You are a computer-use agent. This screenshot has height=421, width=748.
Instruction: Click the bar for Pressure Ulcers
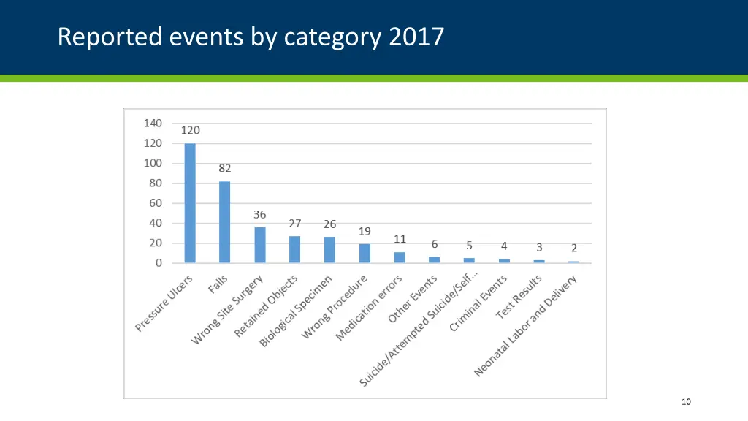(x=190, y=203)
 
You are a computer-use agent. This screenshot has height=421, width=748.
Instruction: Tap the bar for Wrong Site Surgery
(x=260, y=245)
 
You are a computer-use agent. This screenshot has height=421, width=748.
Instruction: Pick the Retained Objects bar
(x=294, y=249)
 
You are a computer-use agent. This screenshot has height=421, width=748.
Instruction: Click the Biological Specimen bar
(x=329, y=250)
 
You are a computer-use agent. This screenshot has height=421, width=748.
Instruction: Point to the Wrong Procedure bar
(x=365, y=253)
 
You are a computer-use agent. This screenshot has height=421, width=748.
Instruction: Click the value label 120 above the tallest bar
(x=191, y=130)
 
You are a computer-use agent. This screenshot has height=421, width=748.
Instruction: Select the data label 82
(x=225, y=168)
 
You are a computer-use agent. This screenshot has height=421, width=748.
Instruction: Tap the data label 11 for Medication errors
(x=400, y=239)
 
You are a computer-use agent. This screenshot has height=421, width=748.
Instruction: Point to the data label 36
(x=260, y=214)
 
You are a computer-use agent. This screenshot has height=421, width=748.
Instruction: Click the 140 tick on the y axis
(x=153, y=124)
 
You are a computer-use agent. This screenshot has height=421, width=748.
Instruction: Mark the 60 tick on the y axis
(x=156, y=203)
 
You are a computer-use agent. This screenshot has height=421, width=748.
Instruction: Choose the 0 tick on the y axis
(x=159, y=263)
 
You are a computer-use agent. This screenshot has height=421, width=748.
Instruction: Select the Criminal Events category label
(x=478, y=304)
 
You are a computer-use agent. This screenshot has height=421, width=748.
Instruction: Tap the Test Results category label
(x=519, y=297)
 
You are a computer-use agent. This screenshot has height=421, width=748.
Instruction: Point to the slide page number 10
(x=686, y=402)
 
